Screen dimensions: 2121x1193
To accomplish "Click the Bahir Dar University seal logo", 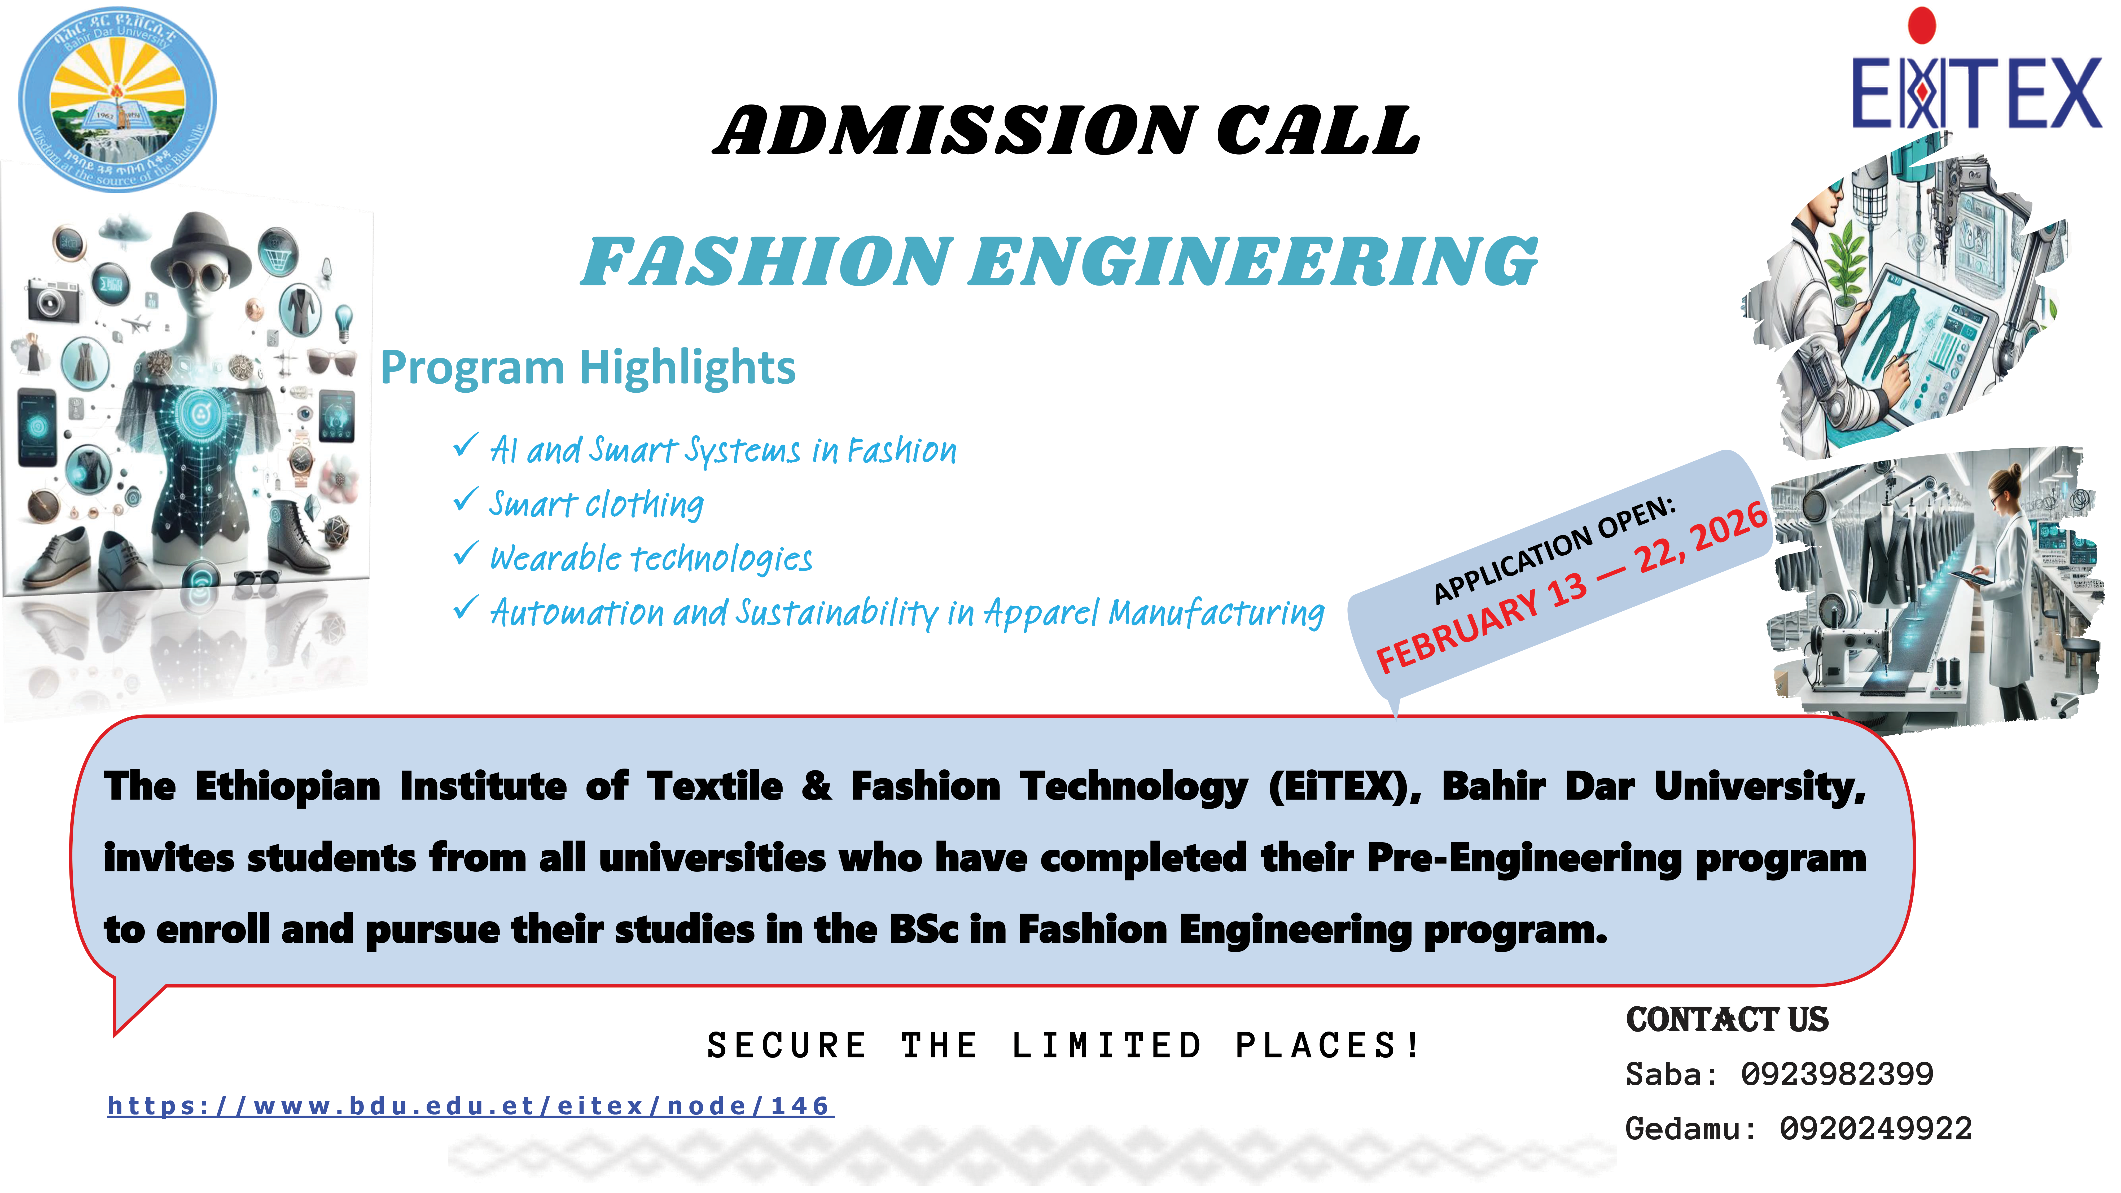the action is tap(118, 100).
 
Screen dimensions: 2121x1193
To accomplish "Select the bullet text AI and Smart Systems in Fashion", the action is tap(723, 450).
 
